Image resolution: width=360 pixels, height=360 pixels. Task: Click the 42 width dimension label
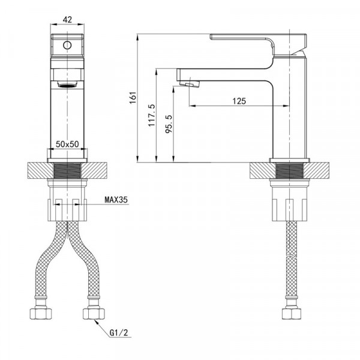pos(67,19)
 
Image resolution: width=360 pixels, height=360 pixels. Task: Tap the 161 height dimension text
pos(133,98)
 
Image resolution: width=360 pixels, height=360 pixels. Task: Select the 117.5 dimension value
pos(152,115)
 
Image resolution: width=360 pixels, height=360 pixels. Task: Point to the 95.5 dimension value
pos(169,124)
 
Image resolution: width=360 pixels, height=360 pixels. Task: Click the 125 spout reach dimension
pos(239,101)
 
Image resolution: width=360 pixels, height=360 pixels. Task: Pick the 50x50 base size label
pos(67,144)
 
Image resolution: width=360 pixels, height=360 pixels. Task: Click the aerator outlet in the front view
pos(67,85)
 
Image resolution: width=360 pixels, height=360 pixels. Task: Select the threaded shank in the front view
pos(67,170)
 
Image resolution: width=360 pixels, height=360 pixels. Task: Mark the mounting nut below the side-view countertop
pos(290,204)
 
